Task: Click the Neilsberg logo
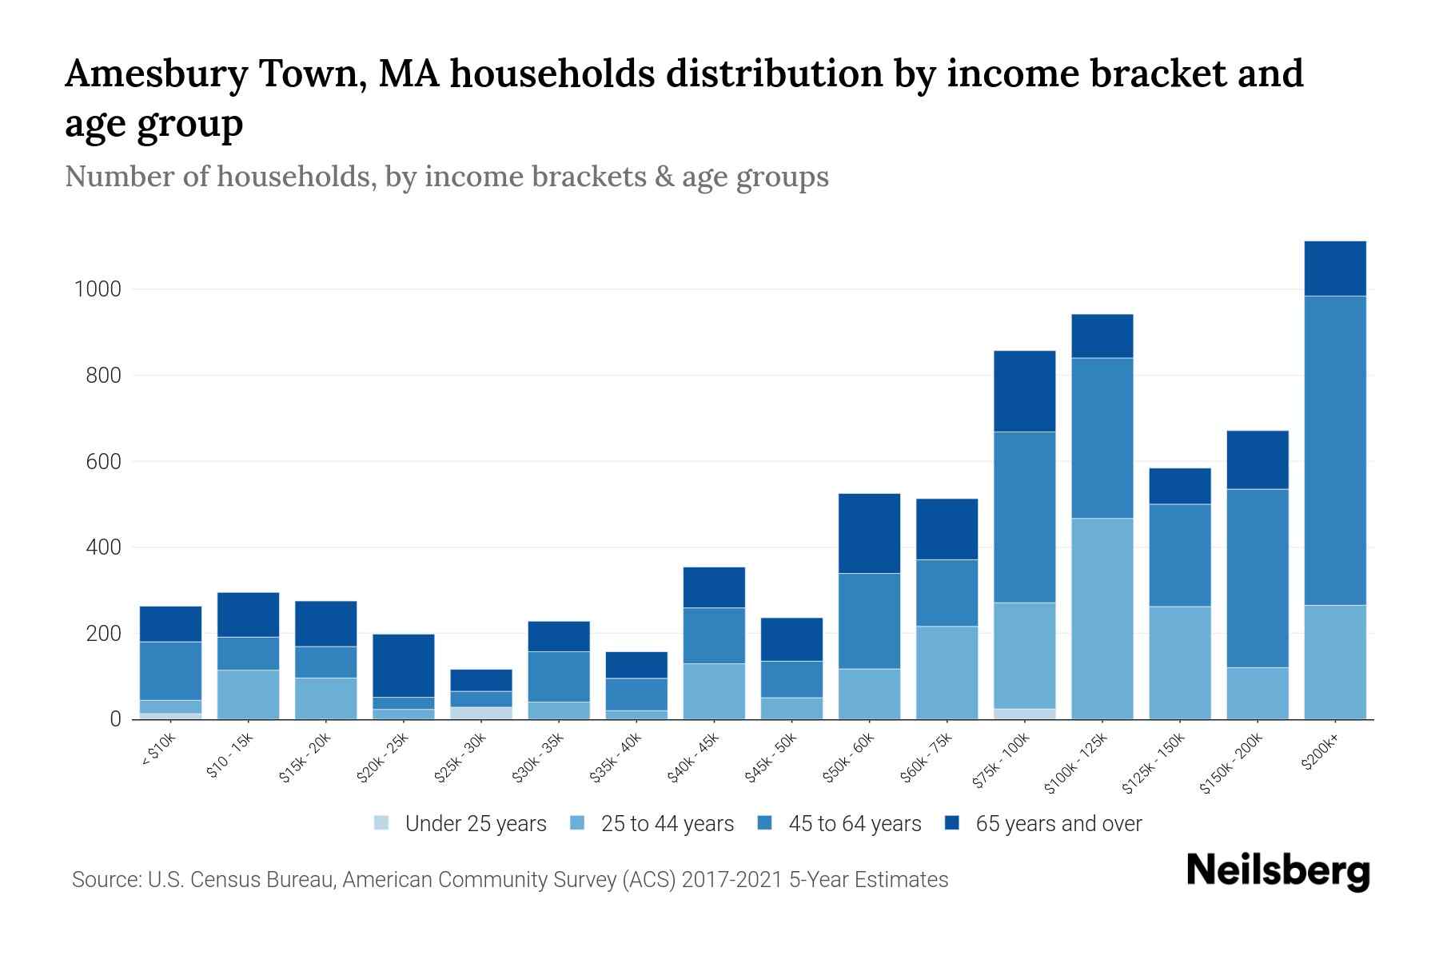click(1278, 871)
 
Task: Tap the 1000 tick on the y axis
click(98, 289)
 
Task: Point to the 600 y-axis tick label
click(104, 462)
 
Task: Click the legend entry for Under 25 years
click(460, 824)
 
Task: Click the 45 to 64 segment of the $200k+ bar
click(1334, 450)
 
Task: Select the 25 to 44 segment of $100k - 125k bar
click(1102, 619)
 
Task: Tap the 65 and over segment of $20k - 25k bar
click(404, 665)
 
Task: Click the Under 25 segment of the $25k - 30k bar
click(481, 713)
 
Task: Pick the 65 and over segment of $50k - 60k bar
click(869, 533)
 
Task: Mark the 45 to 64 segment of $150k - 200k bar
click(1257, 578)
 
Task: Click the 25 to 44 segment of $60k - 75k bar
click(947, 672)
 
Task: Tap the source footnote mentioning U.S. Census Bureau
click(509, 880)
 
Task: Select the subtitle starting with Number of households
click(446, 177)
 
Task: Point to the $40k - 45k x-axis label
click(694, 758)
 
